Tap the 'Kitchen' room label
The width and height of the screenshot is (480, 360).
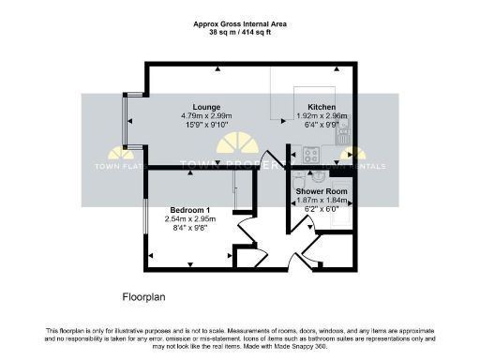(317, 107)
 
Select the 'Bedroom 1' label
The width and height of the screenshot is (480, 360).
(189, 209)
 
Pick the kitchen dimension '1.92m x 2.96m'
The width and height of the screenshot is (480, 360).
(317, 116)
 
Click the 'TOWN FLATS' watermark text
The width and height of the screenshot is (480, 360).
(116, 170)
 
